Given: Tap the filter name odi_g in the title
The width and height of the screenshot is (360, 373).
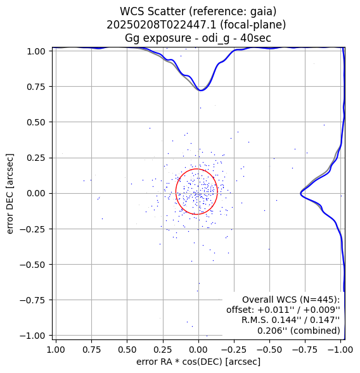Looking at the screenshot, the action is tap(215, 38).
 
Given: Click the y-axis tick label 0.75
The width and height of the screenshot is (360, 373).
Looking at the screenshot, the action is tap(35, 87).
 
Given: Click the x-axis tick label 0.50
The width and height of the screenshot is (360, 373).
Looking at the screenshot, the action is tap(127, 350).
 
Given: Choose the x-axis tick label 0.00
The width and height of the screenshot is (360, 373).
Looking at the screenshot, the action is tap(198, 350).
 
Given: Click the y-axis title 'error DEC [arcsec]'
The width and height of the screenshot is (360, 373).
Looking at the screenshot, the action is tap(10, 194).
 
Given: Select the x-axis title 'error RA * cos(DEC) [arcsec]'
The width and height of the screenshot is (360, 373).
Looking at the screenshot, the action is tap(198, 362).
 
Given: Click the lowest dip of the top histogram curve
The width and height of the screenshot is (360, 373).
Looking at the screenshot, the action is tap(201, 91).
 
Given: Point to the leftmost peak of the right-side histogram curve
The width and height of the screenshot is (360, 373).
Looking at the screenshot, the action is tap(300, 194).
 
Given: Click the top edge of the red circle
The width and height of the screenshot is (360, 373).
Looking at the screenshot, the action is tap(197, 169).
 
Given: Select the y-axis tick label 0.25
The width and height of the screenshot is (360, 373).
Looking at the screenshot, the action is tap(35, 158).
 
